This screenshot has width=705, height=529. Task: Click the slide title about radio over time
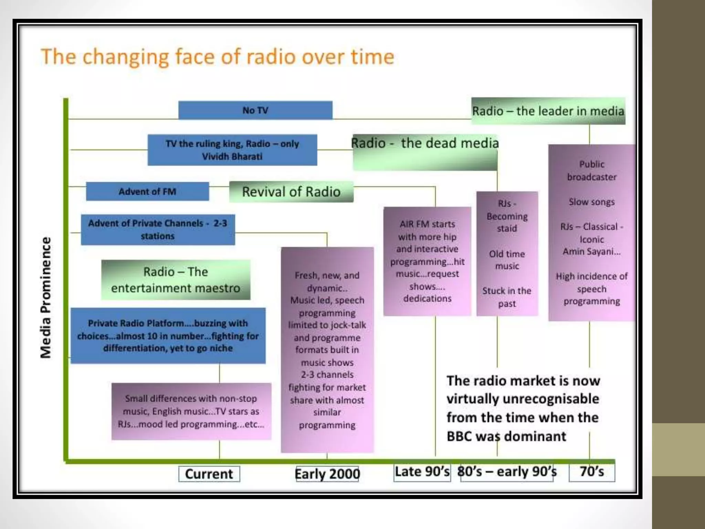click(x=217, y=57)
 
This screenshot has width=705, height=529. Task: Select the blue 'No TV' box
click(x=255, y=110)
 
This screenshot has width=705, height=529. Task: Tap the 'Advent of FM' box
click(x=147, y=191)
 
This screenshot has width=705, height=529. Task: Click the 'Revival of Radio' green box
click(x=291, y=192)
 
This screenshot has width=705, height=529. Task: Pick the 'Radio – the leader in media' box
click(x=548, y=111)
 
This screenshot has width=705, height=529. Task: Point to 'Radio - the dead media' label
click(x=425, y=143)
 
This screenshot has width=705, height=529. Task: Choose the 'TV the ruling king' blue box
click(x=232, y=150)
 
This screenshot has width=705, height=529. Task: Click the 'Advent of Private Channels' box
click(x=158, y=229)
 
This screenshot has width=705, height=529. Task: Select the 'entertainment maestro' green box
click(x=176, y=280)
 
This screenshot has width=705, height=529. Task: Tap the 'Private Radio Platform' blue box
click(x=168, y=335)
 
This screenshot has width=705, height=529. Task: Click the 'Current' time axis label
click(x=209, y=474)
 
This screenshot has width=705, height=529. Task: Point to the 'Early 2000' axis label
click(x=327, y=474)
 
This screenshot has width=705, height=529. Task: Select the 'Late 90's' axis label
click(x=422, y=472)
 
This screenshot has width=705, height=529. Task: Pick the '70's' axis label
click(x=592, y=472)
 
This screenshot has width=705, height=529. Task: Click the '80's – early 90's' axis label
click(x=507, y=472)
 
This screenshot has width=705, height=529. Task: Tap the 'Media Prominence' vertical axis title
click(x=46, y=298)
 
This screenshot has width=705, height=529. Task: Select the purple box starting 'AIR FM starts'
click(x=427, y=261)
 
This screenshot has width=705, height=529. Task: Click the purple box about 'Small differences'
click(x=191, y=411)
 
